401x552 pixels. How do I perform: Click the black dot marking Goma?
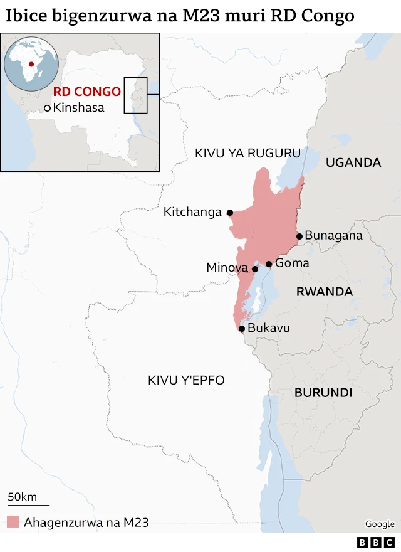coord(269,264)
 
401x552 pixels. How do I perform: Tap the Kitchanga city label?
coord(192,212)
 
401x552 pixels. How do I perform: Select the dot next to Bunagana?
coord(299,236)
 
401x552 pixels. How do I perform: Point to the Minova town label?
coord(227,268)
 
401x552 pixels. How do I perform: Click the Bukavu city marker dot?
coord(242,328)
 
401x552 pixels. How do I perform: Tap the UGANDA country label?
coord(353,162)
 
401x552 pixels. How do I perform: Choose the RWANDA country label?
coord(325,292)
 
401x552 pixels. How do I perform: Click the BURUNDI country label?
coord(323,393)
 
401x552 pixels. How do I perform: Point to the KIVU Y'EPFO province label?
coord(186,380)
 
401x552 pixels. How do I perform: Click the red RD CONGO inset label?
coord(86,92)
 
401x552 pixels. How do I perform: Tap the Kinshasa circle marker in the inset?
coord(47,108)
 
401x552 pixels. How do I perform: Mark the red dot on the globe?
coord(31,65)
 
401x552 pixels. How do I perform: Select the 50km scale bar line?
coord(28,504)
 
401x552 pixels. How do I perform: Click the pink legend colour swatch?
coord(13,522)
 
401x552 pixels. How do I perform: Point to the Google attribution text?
coord(380,524)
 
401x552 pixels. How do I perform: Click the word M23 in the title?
coord(210,16)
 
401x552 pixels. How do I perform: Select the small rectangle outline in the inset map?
coord(135,95)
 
